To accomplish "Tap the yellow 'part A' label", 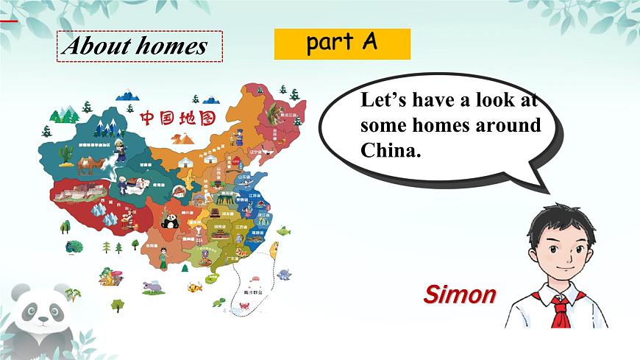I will [x=342, y=43].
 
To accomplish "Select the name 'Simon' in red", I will [x=460, y=294].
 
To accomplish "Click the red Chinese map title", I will [x=177, y=118].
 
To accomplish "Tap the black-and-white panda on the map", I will [x=170, y=220].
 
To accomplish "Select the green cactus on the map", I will [x=67, y=152].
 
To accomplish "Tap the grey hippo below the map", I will [x=152, y=285].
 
